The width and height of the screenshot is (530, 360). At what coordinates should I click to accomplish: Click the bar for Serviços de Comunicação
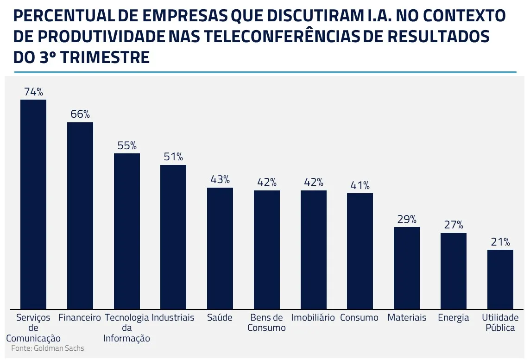pyautogui.click(x=33, y=204)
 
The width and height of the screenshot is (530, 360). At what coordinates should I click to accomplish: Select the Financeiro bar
pyautogui.click(x=80, y=215)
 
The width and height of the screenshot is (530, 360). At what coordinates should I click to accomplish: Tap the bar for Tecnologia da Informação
pyautogui.click(x=127, y=231)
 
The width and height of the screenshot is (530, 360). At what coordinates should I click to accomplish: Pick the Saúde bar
pyautogui.click(x=220, y=248)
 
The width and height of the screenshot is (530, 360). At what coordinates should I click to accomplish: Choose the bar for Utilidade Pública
pyautogui.click(x=500, y=279)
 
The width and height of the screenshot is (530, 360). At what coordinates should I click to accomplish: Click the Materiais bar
pyautogui.click(x=407, y=268)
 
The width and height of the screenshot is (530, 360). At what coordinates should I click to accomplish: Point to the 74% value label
pyautogui.click(x=33, y=92)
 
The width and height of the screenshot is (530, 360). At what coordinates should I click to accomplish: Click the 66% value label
pyautogui.click(x=80, y=114)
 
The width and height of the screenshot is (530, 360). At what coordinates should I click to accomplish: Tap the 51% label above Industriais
pyautogui.click(x=173, y=157)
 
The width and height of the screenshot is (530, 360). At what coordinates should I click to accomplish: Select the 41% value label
pyautogui.click(x=360, y=185)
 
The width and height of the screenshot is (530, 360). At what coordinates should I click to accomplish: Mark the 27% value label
pyautogui.click(x=454, y=225)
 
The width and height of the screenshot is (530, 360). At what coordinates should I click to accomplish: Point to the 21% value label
pyautogui.click(x=500, y=242)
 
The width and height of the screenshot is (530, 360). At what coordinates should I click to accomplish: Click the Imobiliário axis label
pyautogui.click(x=313, y=318)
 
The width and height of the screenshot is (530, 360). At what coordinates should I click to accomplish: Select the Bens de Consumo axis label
pyautogui.click(x=266, y=323)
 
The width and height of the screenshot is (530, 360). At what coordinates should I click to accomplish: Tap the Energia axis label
pyautogui.click(x=454, y=318)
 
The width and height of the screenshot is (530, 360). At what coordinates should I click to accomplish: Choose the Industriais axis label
pyautogui.click(x=173, y=318)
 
